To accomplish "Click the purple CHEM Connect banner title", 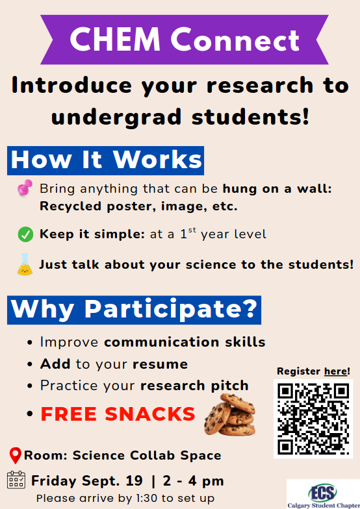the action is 185,39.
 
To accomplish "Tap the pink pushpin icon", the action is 25,188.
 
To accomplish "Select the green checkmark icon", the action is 25,234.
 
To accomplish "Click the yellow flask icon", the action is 25,264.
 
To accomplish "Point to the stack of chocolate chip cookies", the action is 230,414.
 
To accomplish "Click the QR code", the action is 313,419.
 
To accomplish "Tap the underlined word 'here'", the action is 336,371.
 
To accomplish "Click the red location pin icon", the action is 16,455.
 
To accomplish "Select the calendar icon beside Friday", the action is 16,480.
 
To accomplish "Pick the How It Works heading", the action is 105,160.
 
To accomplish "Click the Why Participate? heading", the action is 134,310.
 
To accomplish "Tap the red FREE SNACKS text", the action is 118,414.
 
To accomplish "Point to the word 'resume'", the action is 160,364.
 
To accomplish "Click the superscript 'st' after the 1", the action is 192,230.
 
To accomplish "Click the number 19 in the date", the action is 134,480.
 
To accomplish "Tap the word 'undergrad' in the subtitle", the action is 116,117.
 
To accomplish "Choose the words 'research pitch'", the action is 195,386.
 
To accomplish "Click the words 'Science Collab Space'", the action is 147,455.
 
